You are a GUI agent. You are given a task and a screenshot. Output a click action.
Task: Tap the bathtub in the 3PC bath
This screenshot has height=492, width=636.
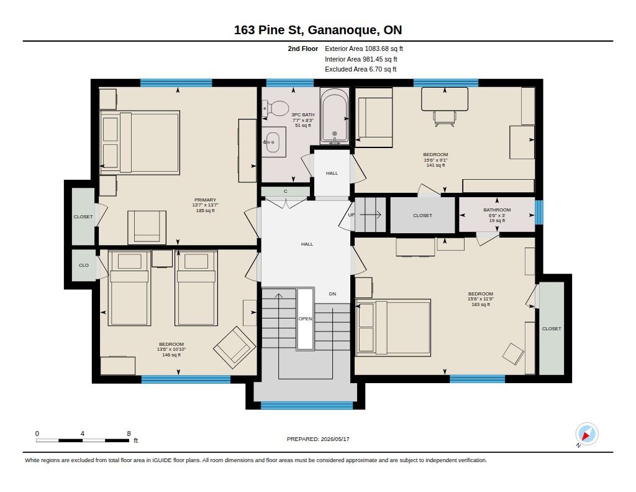pos(334,116)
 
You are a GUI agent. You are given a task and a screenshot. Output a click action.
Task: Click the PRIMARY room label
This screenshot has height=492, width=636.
pos(205,200)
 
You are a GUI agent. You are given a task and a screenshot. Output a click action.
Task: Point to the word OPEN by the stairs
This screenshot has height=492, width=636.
pos(306,318)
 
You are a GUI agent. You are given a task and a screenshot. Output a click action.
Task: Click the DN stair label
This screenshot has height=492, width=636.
pos(333,294)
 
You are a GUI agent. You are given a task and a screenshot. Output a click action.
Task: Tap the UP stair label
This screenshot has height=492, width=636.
pos(352,215)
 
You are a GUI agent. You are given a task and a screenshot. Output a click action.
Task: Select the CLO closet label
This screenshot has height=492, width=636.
pos(84,266)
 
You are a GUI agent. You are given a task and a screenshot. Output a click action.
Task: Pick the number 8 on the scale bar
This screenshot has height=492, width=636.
pos(129,434)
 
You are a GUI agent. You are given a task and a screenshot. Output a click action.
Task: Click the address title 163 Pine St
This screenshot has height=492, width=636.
pos(269,30)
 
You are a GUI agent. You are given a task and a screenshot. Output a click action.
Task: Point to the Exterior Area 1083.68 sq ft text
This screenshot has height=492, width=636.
pos(364,49)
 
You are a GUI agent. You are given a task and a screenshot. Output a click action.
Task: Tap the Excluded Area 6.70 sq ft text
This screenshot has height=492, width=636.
pos(361,70)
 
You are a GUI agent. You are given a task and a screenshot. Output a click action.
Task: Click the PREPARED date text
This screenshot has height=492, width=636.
pos(318,439)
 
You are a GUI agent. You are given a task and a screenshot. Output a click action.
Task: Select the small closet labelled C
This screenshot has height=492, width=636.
pos(286,192)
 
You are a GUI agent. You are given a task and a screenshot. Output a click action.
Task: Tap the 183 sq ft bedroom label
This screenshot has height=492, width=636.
pos(481,304)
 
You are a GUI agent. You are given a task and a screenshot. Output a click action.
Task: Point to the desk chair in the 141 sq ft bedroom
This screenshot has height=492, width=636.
pos(445,118)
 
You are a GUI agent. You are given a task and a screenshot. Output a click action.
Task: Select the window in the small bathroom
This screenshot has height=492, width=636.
pos(539,212)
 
